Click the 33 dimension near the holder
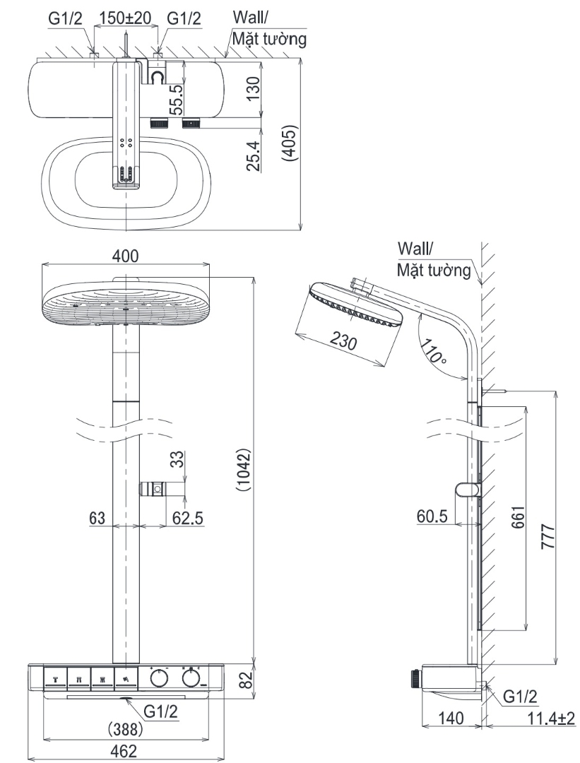(177, 461)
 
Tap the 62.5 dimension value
(188, 518)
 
